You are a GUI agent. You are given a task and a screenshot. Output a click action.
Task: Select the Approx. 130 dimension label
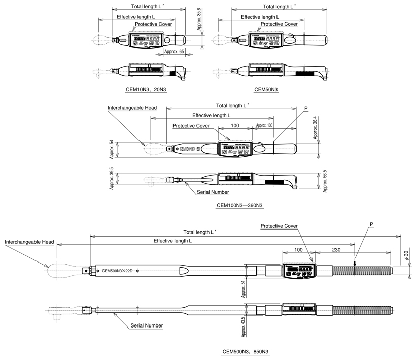[x=264, y=125]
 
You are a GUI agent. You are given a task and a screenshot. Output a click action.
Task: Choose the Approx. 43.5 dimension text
[x=242, y=328]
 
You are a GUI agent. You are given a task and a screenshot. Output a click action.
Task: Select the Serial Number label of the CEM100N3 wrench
[x=213, y=192]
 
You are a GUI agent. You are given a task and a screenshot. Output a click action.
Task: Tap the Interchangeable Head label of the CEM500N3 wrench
[x=29, y=242]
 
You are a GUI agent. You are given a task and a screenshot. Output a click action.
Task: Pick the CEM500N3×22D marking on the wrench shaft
[x=117, y=271]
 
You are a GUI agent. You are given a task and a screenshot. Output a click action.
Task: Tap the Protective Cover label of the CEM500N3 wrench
[x=279, y=226]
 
